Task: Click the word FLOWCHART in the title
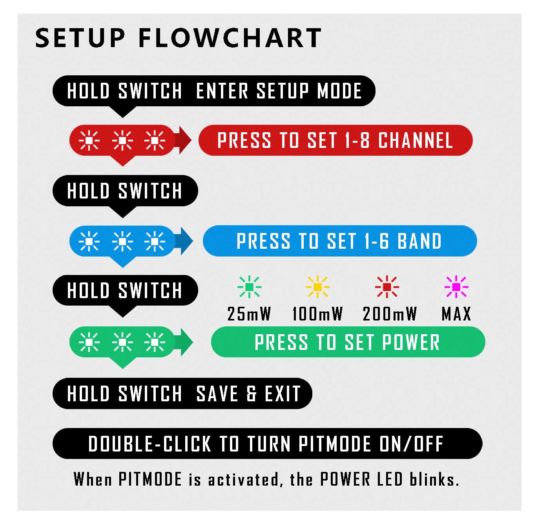click(x=230, y=38)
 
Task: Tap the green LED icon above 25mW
click(x=249, y=287)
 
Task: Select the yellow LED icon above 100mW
click(x=318, y=287)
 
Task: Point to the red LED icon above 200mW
click(x=387, y=287)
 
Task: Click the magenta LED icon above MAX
click(x=456, y=287)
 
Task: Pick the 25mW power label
click(x=249, y=314)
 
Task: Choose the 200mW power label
click(x=389, y=314)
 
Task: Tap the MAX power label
click(x=456, y=314)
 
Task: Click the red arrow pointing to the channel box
click(x=183, y=140)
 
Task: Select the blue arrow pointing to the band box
click(x=183, y=241)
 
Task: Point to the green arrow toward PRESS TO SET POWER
click(x=183, y=342)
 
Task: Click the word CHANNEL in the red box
click(x=415, y=140)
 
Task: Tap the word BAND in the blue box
click(x=419, y=241)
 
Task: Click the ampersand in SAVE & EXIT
click(x=251, y=393)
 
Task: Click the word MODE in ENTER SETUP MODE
click(x=339, y=91)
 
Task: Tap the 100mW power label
click(x=317, y=314)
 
